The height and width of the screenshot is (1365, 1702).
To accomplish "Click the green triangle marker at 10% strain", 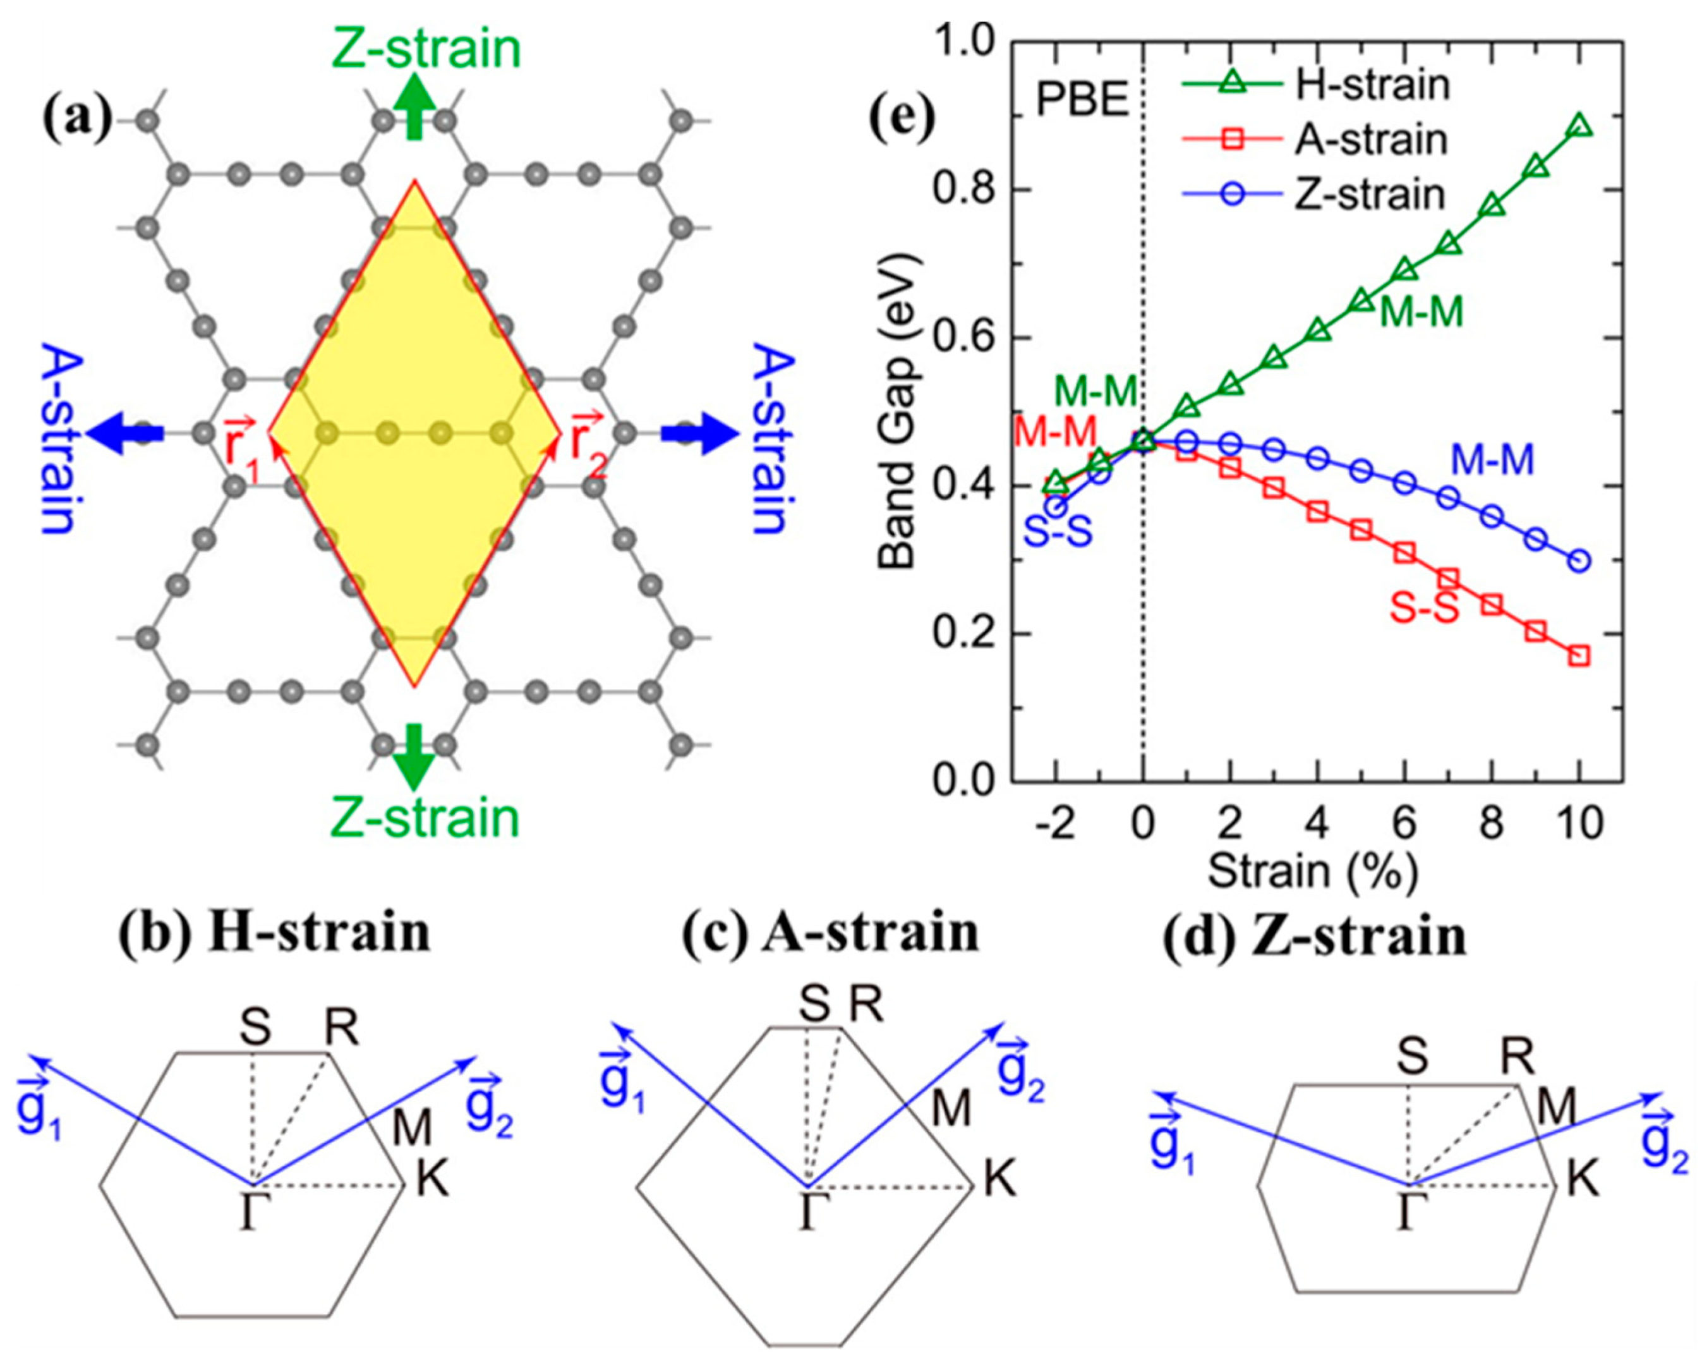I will click(x=1579, y=126).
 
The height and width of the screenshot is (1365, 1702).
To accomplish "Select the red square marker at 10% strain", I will click(x=1579, y=655).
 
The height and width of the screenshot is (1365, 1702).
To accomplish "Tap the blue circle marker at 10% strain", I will click(x=1579, y=561).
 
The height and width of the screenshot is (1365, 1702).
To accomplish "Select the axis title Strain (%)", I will click(x=1312, y=871).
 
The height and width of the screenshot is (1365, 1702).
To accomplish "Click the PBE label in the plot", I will click(x=1082, y=101).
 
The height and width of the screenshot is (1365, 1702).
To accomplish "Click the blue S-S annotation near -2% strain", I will click(x=1058, y=533).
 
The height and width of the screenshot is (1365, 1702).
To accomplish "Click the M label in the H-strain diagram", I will click(x=412, y=1127).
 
